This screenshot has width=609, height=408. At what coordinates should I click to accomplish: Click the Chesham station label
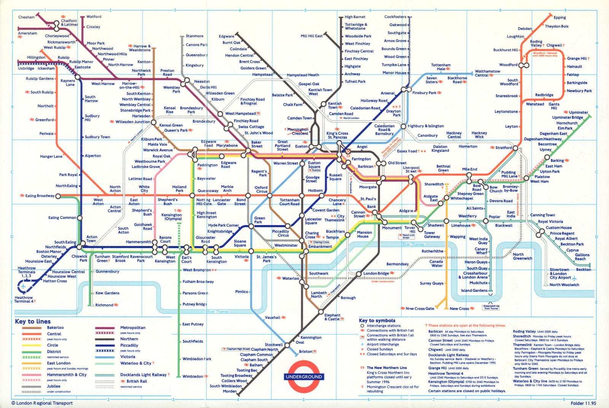point(26,17)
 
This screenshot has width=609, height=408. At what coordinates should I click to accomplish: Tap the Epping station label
point(560,18)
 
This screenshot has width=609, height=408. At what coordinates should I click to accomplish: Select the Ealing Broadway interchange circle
point(58,196)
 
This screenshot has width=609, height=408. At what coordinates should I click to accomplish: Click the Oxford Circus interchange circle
point(269,196)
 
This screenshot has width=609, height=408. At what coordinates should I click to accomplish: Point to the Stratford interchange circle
point(515,148)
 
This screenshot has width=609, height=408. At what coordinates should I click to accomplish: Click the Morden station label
point(230,391)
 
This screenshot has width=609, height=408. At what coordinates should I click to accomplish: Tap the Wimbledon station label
point(193,376)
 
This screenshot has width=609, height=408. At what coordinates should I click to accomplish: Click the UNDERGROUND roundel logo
point(304,377)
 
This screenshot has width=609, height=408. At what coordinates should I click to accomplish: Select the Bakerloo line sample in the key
point(32,328)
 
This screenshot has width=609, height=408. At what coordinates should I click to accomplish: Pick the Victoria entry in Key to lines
point(128,357)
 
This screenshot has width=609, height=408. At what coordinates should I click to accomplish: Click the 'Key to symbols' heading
point(377,320)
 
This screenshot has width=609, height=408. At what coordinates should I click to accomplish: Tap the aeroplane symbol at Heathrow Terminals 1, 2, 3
point(24,285)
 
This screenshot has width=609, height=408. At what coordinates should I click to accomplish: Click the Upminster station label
point(578,112)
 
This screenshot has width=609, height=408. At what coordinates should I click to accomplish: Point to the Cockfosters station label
point(395,17)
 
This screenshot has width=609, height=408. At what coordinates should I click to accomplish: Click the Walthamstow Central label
point(487,73)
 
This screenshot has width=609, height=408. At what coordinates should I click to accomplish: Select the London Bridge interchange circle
point(359,274)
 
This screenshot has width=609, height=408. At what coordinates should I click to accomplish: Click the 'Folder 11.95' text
point(583,403)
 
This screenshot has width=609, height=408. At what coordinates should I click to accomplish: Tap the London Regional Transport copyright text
point(42,403)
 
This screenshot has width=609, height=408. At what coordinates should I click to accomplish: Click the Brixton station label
point(305,352)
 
